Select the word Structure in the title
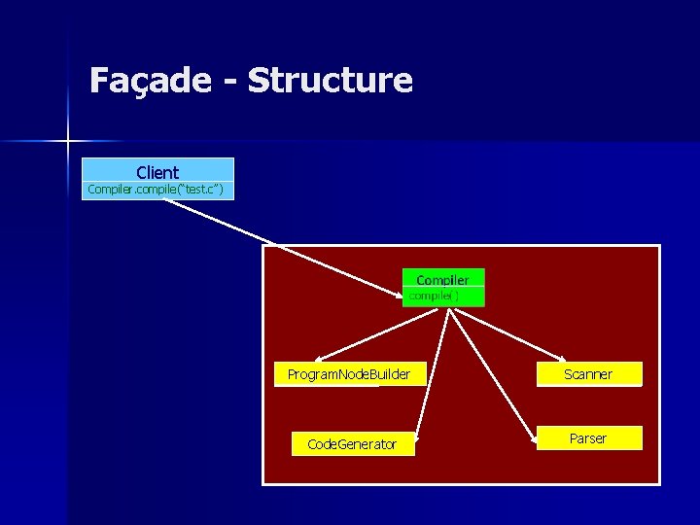tap(331, 80)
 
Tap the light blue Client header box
tap(157, 172)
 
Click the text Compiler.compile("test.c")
tap(156, 190)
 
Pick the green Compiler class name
tap(442, 280)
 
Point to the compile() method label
tap(434, 295)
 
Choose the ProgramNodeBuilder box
tap(349, 374)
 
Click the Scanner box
tap(588, 374)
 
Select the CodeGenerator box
tap(352, 444)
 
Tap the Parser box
tap(588, 438)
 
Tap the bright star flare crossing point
tap(68, 142)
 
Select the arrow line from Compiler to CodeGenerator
tap(431, 369)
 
